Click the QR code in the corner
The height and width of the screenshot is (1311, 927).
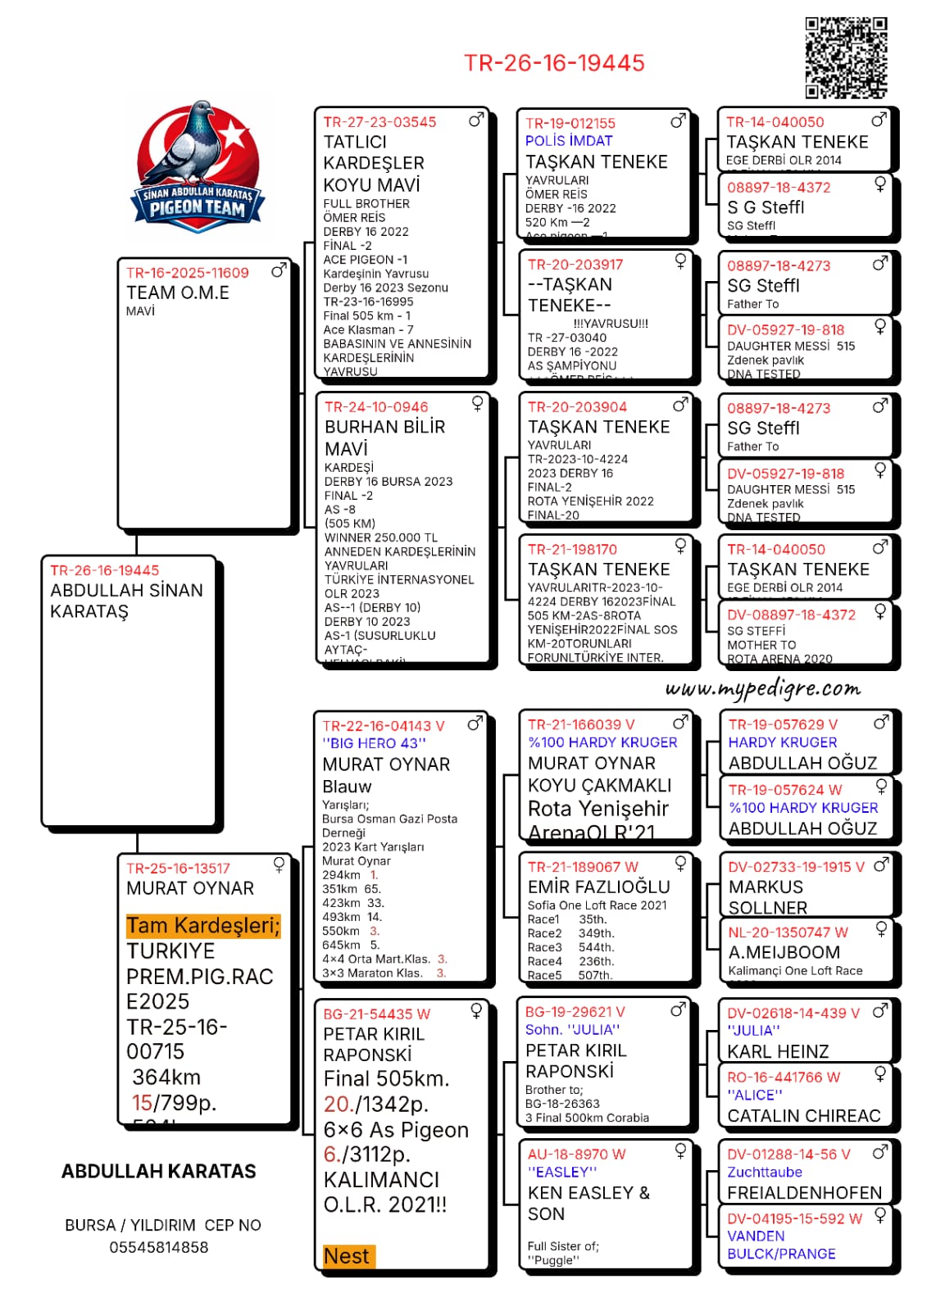(x=846, y=57)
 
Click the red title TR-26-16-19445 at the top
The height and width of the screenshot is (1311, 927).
(x=554, y=63)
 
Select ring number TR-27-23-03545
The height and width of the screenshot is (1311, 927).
(x=379, y=122)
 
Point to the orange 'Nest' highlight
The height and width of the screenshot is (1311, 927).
(x=347, y=1256)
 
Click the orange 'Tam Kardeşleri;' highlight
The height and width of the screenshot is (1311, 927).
(x=203, y=926)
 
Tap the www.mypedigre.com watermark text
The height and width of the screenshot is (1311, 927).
(x=763, y=689)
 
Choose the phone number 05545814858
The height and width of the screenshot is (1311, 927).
(x=159, y=1247)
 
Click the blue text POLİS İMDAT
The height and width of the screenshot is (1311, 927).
(x=569, y=141)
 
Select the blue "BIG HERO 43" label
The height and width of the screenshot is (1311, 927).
(x=375, y=743)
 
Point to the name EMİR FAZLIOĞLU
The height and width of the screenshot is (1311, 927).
(x=599, y=887)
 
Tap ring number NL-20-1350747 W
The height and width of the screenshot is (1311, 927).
(x=788, y=932)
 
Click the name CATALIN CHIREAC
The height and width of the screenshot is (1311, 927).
(x=804, y=1116)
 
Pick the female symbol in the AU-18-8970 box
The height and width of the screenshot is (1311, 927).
(x=680, y=1150)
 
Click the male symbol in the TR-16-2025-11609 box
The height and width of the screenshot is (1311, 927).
(x=279, y=270)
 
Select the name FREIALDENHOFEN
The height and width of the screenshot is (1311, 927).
(x=805, y=1193)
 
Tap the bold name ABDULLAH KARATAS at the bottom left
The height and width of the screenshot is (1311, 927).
(x=159, y=1172)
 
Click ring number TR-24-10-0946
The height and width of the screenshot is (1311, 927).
(x=376, y=407)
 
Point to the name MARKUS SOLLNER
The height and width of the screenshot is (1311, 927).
(x=767, y=897)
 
